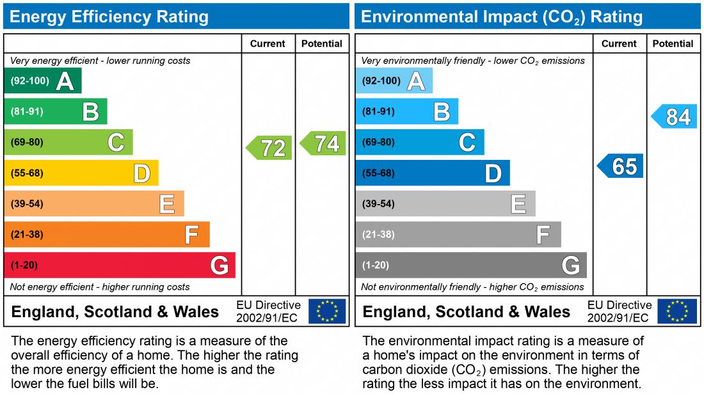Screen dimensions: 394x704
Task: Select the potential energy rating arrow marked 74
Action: click(x=324, y=143)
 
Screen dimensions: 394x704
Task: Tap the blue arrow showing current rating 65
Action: click(x=621, y=166)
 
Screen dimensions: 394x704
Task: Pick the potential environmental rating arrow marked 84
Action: click(x=675, y=117)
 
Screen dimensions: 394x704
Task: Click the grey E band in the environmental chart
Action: click(x=445, y=204)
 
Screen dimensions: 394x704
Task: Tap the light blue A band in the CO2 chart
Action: click(x=394, y=81)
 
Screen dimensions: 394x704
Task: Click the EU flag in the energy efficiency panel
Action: click(x=327, y=311)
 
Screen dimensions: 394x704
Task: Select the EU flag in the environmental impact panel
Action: click(x=678, y=311)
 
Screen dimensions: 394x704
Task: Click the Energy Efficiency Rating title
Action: click(x=109, y=17)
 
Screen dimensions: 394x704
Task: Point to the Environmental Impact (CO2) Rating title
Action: click(x=502, y=17)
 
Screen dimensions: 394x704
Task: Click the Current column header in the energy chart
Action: click(x=268, y=43)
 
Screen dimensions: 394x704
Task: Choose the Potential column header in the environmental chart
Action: click(x=673, y=43)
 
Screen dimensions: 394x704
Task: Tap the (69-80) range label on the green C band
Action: click(x=27, y=143)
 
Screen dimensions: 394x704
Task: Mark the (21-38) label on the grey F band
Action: click(x=378, y=235)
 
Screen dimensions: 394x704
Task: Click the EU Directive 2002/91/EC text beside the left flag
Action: click(x=268, y=311)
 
